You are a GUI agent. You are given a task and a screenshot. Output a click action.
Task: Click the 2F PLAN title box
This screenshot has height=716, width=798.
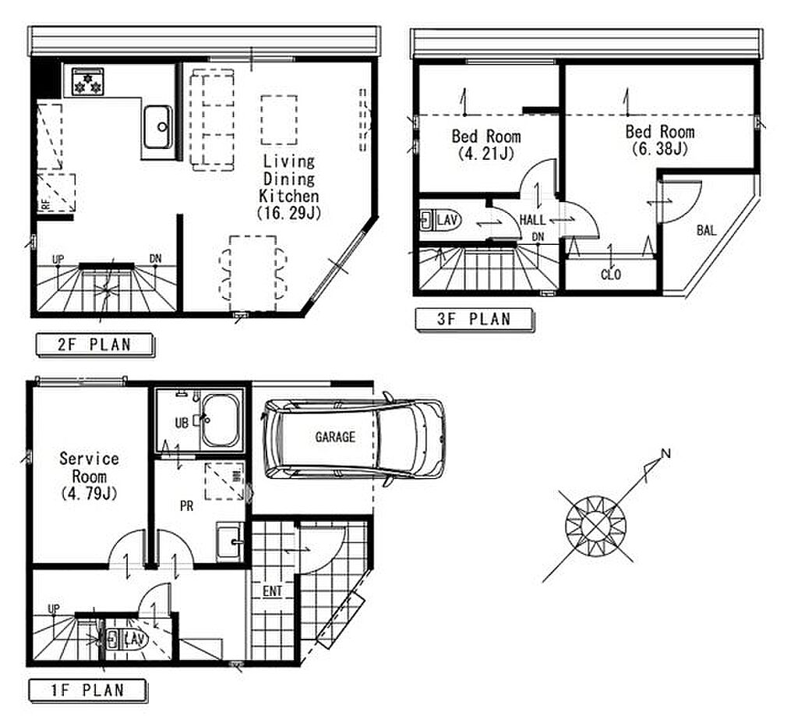[x=95, y=345]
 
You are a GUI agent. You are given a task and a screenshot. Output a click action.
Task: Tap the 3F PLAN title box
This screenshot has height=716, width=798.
[x=475, y=319]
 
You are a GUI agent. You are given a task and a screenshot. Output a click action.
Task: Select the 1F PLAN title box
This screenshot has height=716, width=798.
[x=88, y=690]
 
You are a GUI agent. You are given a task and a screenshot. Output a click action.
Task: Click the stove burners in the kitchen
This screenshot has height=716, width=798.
[x=87, y=81]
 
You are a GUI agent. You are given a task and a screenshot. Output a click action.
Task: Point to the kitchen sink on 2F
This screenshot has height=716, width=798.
[x=157, y=127]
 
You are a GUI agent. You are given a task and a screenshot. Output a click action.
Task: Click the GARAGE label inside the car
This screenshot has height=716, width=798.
[x=335, y=437]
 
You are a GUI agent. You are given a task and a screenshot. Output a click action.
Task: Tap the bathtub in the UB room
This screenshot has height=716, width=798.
[x=221, y=420]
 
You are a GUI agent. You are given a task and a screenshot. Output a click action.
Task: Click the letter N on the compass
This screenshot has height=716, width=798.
[x=666, y=453]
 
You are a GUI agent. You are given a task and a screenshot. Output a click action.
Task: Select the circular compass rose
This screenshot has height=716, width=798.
[x=595, y=526]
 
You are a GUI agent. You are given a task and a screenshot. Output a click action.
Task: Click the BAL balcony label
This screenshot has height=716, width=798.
[x=706, y=231]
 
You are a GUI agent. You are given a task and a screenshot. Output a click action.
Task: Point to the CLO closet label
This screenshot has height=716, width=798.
[x=611, y=275]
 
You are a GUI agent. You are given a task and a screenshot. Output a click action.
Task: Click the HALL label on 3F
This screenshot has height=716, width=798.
[x=532, y=220]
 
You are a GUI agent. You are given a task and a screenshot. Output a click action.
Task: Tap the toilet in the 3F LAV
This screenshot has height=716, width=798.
[x=441, y=221]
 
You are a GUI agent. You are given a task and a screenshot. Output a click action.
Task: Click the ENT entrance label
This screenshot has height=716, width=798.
[x=272, y=591]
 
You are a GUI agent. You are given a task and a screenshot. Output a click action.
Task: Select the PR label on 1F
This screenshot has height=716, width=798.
[x=187, y=506]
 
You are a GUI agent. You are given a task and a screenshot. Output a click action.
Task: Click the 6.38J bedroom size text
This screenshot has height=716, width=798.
[x=660, y=149]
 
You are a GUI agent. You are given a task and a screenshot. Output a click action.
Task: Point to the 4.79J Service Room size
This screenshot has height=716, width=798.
[x=89, y=494]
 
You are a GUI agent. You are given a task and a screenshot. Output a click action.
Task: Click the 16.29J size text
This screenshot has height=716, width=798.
[x=290, y=213]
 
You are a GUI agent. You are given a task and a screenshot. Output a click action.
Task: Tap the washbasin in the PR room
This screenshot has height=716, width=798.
[x=230, y=542]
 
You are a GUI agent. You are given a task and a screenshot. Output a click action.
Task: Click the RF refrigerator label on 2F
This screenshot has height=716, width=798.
[x=46, y=204]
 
